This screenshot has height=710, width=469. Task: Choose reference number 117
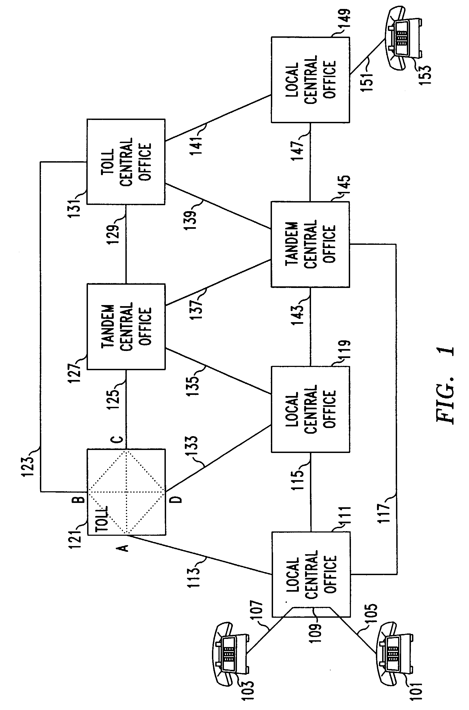point(384,513)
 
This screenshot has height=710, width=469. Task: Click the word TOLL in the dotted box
point(102,519)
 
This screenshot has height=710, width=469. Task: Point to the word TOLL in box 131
point(108,162)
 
